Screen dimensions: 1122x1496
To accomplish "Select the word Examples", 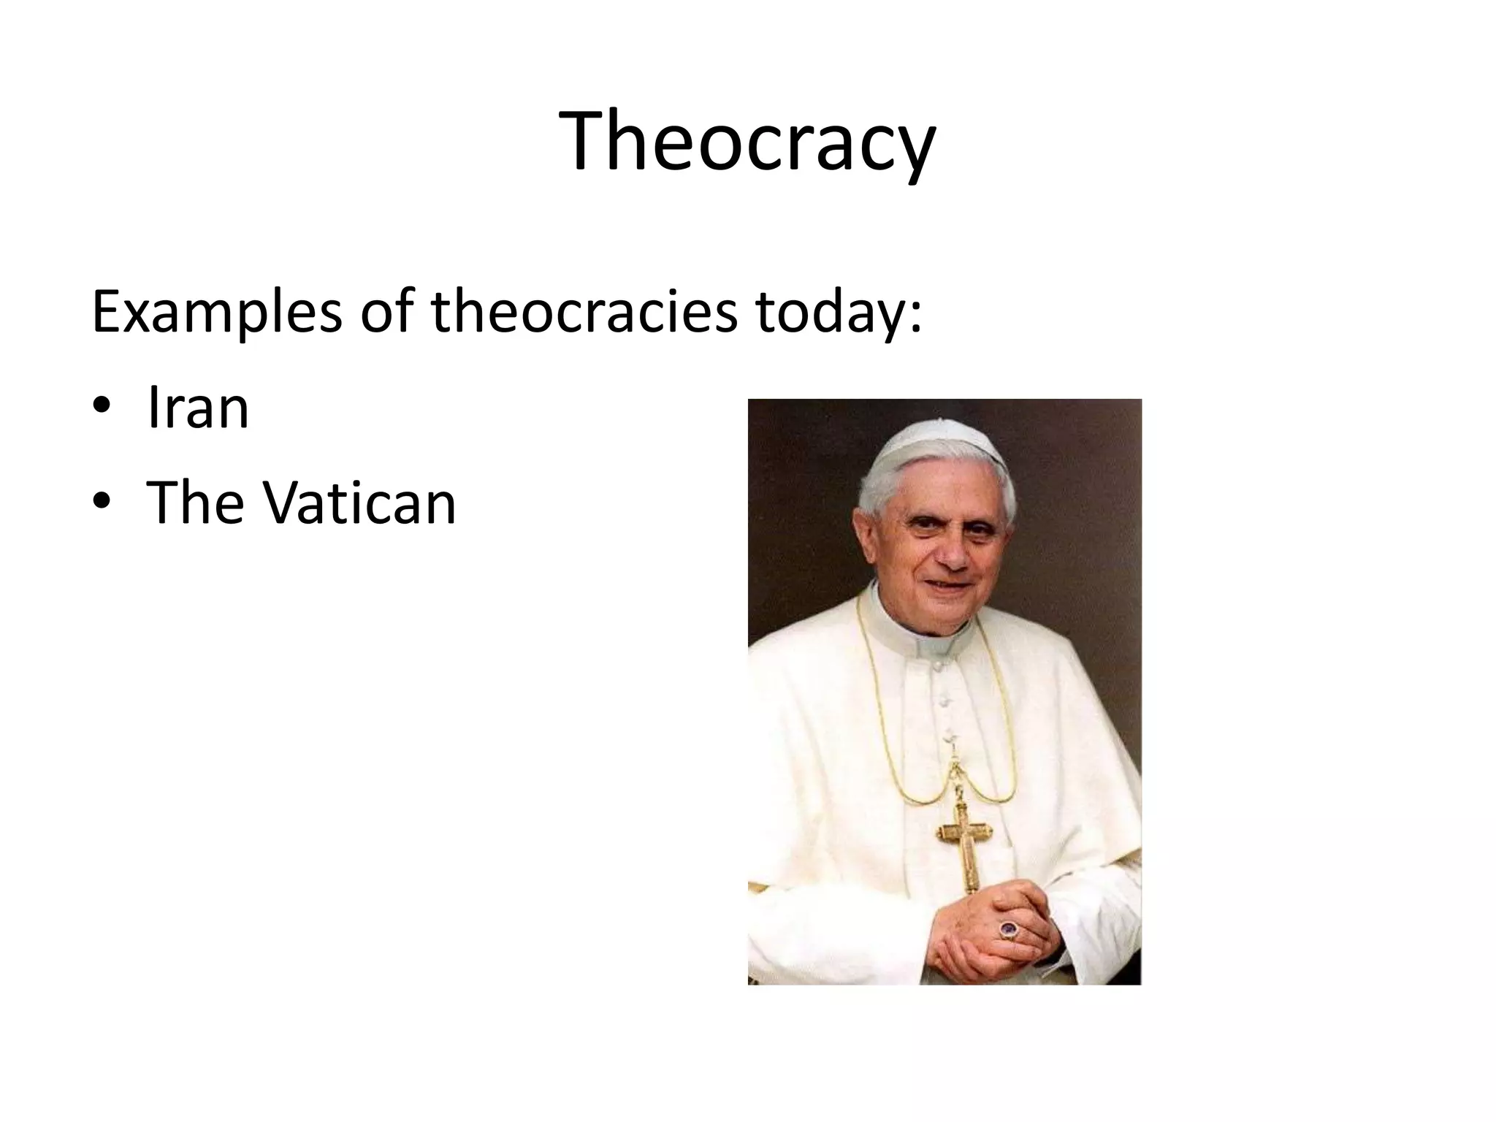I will coord(216,313).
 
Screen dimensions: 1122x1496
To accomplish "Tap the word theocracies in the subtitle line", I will coord(584,312).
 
